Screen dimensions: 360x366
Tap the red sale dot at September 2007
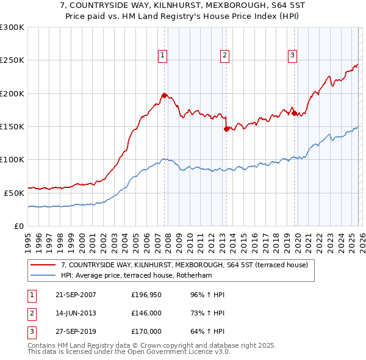pos(164,95)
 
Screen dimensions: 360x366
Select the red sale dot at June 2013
pos(226,129)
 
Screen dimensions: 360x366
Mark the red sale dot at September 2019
pos(294,113)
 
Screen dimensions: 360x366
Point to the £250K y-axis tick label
pos(12,60)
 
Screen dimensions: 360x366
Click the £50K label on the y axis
pos(14,193)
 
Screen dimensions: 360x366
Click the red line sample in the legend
pos(43,265)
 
